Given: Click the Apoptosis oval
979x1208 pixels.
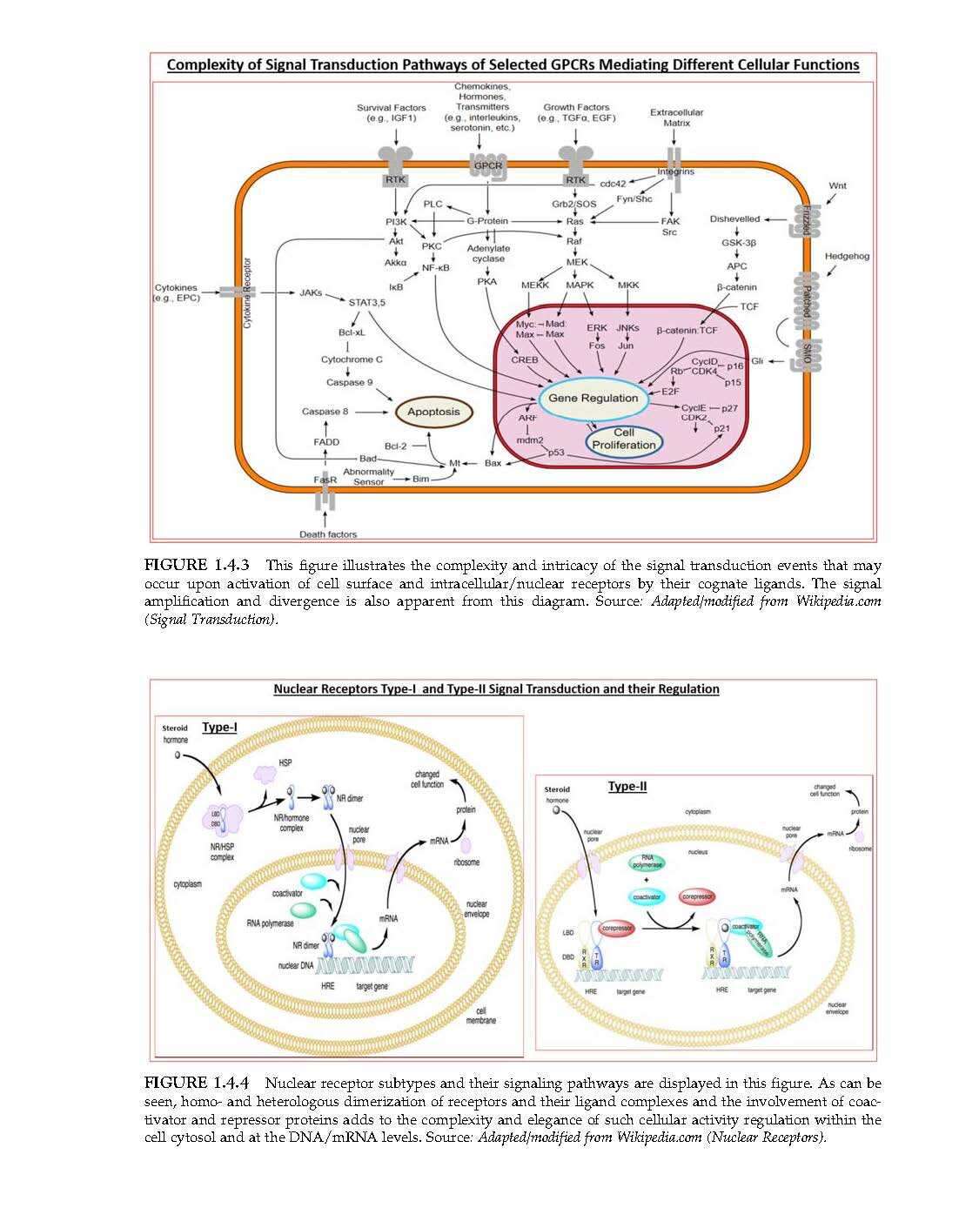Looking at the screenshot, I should pyautogui.click(x=433, y=412).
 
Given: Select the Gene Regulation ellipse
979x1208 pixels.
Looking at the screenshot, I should pyautogui.click(x=593, y=398).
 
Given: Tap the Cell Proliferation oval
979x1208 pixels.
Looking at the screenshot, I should pyautogui.click(x=624, y=439).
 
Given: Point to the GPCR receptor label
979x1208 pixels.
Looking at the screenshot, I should pyautogui.click(x=487, y=165).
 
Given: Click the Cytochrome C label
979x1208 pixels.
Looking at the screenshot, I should pyautogui.click(x=352, y=359).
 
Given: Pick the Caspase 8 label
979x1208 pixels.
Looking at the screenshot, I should pyautogui.click(x=325, y=412).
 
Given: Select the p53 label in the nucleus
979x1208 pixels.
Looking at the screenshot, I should pyautogui.click(x=556, y=453).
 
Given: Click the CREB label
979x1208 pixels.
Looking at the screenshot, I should pyautogui.click(x=525, y=359).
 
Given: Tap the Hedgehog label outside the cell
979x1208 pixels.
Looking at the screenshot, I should pyautogui.click(x=847, y=256).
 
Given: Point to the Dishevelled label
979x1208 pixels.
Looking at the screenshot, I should pyautogui.click(x=734, y=219).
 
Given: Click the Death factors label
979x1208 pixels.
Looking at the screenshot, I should pyautogui.click(x=327, y=534).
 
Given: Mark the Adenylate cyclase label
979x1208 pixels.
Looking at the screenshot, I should pyautogui.click(x=488, y=253).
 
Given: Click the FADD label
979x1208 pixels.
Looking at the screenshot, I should pyautogui.click(x=326, y=442).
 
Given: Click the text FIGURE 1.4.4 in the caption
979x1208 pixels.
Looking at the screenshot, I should pyautogui.click(x=197, y=1083).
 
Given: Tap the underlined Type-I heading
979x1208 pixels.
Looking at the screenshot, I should pyautogui.click(x=219, y=727).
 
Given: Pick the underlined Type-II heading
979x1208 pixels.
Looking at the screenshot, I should pyautogui.click(x=627, y=787).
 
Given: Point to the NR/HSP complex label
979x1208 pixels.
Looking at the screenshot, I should pyautogui.click(x=222, y=851).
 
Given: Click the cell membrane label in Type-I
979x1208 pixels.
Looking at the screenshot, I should pyautogui.click(x=480, y=1015).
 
